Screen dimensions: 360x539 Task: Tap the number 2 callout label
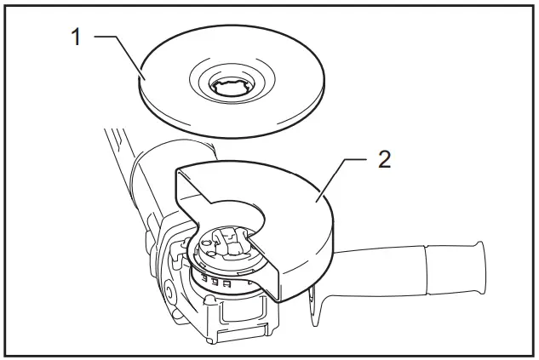pos(384,159)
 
